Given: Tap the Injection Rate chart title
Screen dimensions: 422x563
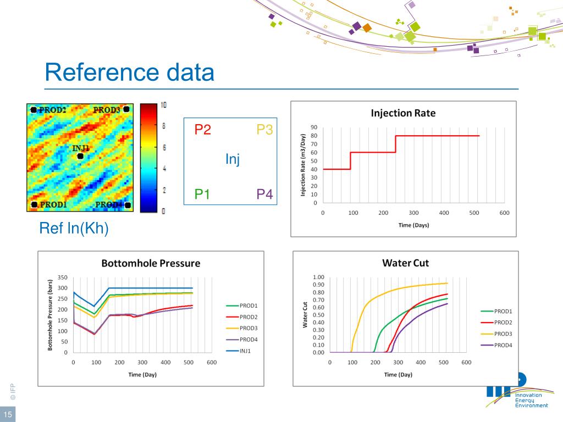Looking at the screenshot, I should click(403, 113).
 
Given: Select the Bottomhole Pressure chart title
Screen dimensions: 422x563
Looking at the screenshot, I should click(151, 263).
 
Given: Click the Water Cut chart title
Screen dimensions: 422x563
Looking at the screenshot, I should click(405, 263).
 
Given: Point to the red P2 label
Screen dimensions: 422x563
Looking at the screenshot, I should click(203, 130).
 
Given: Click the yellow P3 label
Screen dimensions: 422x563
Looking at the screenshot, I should click(265, 130).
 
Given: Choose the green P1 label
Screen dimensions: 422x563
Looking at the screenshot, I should click(203, 194).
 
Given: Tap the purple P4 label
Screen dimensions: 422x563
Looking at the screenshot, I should click(265, 194).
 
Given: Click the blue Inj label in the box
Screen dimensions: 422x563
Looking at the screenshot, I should click(233, 160).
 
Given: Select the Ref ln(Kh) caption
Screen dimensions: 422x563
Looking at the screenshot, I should click(74, 228).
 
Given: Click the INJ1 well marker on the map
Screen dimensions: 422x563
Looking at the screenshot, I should click(81, 156).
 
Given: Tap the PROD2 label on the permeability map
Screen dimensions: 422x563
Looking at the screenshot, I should click(53, 110).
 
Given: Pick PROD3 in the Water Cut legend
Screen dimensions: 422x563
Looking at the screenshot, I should click(503, 334).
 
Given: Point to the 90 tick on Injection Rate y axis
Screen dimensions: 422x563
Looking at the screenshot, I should click(313, 127).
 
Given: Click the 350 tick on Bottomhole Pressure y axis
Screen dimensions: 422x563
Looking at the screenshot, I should click(62, 277).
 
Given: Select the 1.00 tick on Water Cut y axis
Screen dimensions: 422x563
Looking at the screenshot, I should click(318, 277).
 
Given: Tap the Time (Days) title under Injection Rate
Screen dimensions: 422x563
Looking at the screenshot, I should click(413, 225).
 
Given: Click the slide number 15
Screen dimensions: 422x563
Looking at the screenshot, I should click(8, 414).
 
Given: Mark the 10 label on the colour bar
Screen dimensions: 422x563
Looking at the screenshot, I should click(163, 105).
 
